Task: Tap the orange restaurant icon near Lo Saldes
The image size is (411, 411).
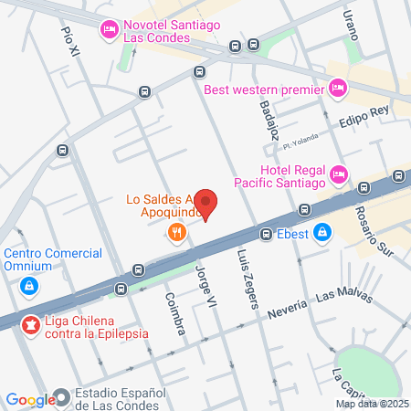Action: tap(177, 233)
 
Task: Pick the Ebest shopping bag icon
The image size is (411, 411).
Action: tap(321, 234)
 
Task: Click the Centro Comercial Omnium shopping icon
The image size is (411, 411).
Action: tap(30, 286)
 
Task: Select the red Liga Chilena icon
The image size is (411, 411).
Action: tap(31, 324)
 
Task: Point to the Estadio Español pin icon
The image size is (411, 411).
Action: tap(61, 397)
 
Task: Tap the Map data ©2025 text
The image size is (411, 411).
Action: tap(372, 404)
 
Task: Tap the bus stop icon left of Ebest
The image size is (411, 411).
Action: tap(266, 234)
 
